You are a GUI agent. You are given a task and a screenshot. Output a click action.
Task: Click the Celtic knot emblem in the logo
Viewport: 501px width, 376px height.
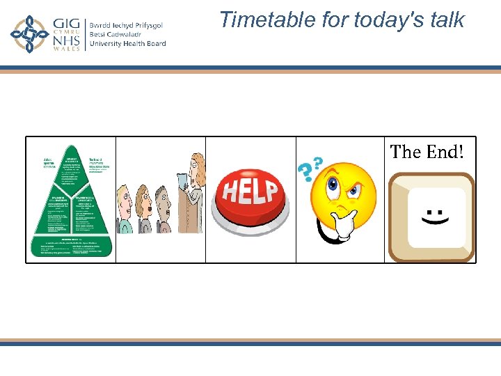(29, 34)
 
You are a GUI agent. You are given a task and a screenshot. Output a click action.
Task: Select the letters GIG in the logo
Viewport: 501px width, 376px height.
(66, 24)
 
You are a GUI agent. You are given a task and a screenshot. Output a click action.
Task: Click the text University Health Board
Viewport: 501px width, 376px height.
(127, 44)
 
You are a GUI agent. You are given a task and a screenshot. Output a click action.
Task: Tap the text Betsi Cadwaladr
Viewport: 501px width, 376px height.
(117, 34)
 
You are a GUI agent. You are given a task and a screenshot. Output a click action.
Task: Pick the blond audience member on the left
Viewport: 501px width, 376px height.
(125, 209)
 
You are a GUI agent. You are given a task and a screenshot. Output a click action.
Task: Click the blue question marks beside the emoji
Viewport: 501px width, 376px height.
(310, 168)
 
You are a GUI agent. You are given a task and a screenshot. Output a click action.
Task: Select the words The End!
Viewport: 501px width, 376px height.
(427, 151)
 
